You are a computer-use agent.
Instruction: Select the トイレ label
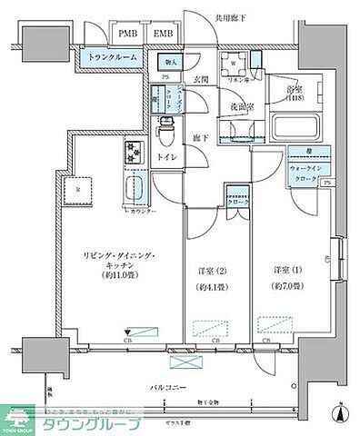168,156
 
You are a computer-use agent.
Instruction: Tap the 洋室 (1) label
285,275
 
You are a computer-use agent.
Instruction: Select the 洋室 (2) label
213,276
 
